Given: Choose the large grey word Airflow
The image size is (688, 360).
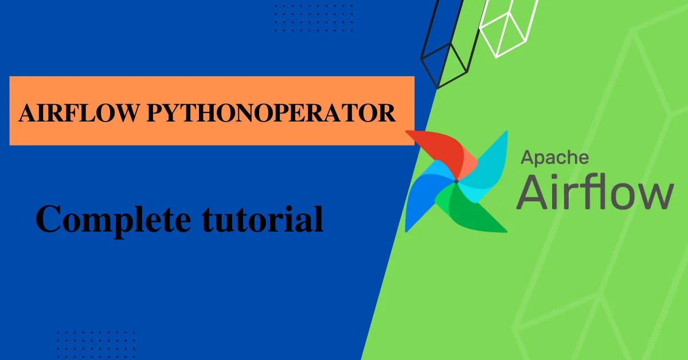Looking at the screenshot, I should (x=595, y=193).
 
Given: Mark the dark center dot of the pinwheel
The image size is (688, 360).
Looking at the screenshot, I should (x=456, y=181).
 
